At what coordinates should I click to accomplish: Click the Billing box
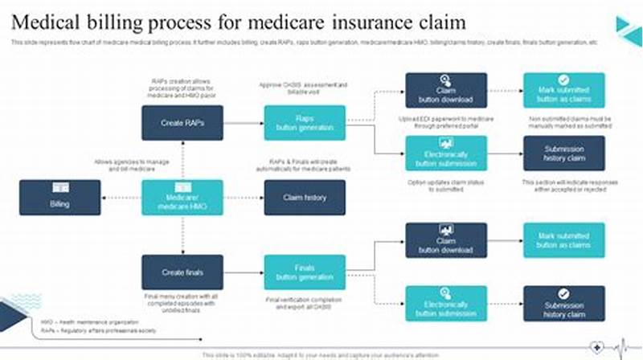point(60,197)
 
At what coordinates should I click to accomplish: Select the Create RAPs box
point(182,123)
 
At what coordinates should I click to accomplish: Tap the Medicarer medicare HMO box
point(182,197)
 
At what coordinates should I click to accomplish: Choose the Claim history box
point(305,197)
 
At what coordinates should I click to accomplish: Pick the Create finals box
point(182,272)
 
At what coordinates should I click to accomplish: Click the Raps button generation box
point(305,123)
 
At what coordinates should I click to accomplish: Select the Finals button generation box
point(305,272)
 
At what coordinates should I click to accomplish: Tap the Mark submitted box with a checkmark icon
point(564,90)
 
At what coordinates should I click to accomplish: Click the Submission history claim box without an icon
point(564,153)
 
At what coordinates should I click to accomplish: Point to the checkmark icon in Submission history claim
point(564,293)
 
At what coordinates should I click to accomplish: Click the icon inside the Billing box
point(60,187)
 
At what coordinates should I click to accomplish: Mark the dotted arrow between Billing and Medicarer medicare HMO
point(121,197)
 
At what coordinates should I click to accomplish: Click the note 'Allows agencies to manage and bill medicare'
point(132,166)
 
